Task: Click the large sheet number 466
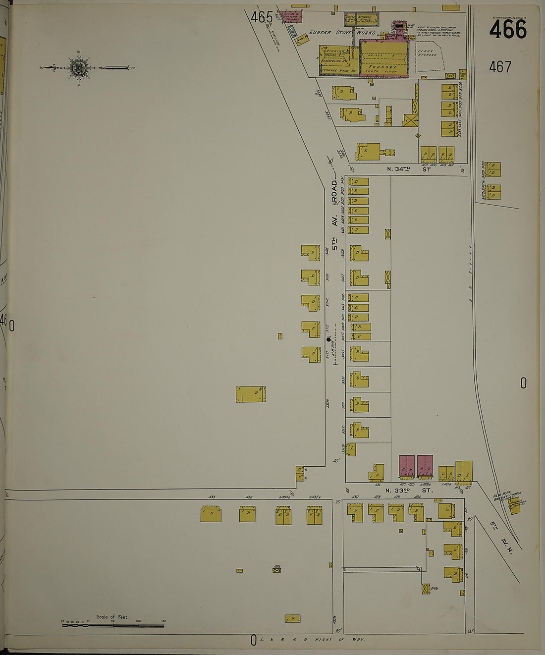tap(508, 30)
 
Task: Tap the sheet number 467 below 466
tap(500, 66)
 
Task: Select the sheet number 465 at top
tap(262, 17)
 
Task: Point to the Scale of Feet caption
tap(112, 617)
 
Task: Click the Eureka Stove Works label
tap(342, 33)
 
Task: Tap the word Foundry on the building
tap(382, 66)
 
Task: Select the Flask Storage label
tap(427, 53)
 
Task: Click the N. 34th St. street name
tap(409, 169)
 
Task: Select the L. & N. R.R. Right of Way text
tap(312, 640)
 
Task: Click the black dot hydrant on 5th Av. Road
tap(328, 339)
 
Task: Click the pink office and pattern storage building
tap(290, 17)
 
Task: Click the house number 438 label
tap(212, 497)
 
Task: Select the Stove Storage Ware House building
tap(367, 19)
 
